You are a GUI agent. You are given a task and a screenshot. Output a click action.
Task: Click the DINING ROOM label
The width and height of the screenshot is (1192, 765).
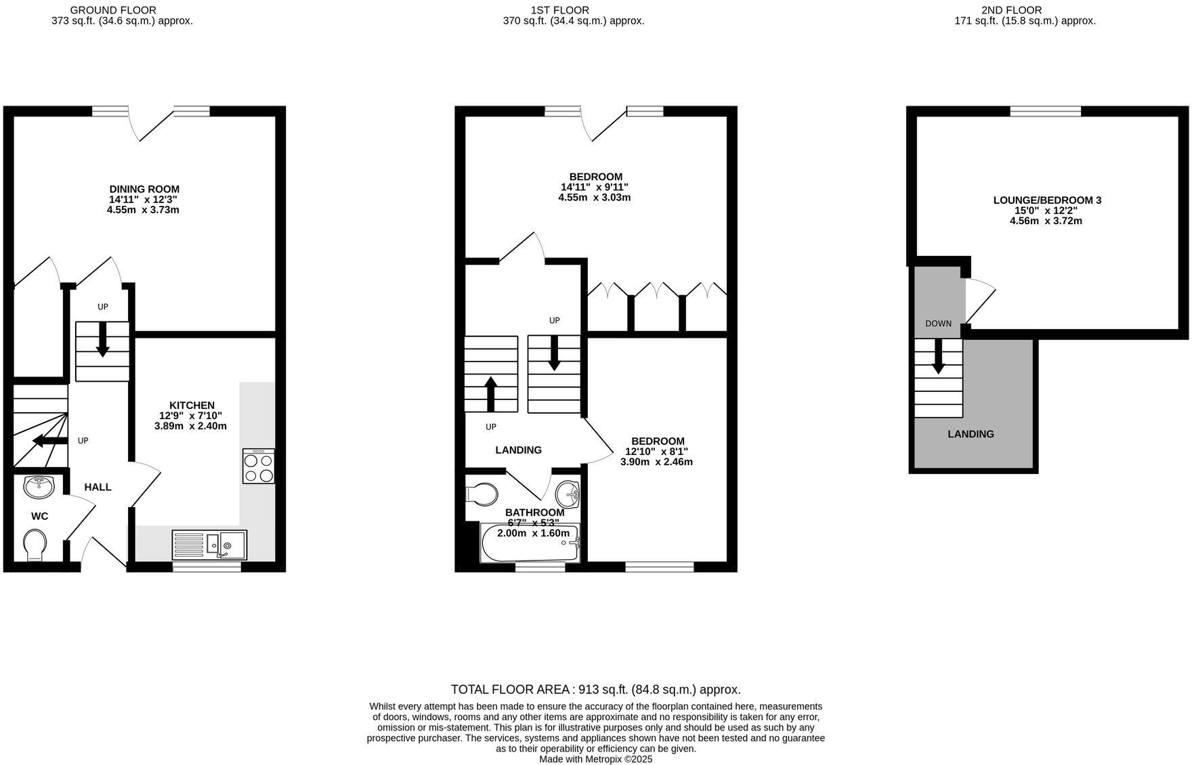(x=144, y=189)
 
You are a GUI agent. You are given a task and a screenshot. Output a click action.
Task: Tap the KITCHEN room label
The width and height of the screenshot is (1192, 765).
(x=192, y=405)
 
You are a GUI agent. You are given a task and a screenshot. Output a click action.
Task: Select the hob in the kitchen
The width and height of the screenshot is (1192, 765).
(x=259, y=466)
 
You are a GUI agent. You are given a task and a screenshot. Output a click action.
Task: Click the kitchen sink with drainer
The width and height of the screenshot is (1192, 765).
(x=210, y=544)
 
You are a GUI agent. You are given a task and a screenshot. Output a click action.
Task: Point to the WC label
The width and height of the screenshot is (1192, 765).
(x=40, y=516)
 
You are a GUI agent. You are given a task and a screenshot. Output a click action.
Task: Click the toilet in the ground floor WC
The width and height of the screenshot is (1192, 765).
(x=35, y=544)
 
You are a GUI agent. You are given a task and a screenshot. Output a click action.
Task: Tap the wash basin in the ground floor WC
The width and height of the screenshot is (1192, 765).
(x=39, y=485)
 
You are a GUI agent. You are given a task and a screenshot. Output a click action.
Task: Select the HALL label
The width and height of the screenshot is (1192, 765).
(x=98, y=487)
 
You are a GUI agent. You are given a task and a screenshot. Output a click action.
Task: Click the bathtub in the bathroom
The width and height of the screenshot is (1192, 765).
(x=530, y=544)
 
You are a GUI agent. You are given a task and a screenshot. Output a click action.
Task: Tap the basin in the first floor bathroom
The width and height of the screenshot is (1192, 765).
(x=568, y=494)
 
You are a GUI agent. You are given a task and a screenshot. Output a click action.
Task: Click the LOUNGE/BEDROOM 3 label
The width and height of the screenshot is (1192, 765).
(x=1047, y=200)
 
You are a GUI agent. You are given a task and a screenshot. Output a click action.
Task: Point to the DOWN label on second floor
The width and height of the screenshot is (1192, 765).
(x=938, y=324)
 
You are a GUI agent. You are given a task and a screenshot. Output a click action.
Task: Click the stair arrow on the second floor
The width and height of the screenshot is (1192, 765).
(x=938, y=356)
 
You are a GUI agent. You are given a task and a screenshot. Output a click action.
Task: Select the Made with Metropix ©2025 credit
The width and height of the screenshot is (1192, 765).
(x=595, y=760)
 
